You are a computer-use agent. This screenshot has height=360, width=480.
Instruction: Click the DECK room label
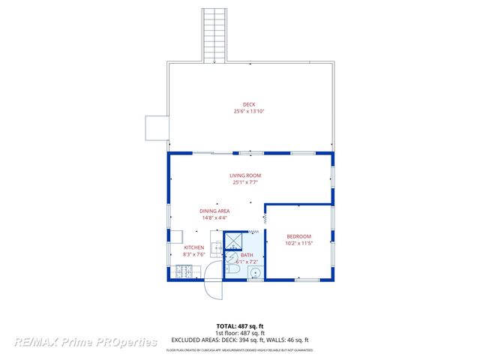point(249,104)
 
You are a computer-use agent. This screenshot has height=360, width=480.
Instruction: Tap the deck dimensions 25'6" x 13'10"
point(249,111)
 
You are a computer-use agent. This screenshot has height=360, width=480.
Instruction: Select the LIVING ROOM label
point(245,175)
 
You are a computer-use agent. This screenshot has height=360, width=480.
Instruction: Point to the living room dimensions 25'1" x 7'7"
point(245,182)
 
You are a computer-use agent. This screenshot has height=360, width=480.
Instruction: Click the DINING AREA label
point(214,211)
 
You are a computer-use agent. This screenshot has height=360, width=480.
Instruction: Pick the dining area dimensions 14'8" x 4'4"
point(214,217)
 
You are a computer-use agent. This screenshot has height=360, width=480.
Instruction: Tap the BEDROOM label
point(298,236)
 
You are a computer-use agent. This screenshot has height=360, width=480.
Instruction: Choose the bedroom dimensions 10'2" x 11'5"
point(298,243)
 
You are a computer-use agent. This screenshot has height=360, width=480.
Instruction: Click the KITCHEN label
point(194,247)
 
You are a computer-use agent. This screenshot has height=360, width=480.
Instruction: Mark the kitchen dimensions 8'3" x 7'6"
point(194,254)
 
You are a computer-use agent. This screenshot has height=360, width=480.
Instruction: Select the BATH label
point(247,255)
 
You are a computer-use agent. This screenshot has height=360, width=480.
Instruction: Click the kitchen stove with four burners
point(182,272)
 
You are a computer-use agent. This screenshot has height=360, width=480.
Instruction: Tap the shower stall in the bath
point(234,241)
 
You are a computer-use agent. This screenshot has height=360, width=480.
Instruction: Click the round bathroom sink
point(255,272)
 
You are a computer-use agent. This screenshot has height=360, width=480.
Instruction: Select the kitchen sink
point(216,247)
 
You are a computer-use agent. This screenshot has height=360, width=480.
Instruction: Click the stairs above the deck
point(214,34)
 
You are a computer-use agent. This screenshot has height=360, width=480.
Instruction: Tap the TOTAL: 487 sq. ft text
point(240,325)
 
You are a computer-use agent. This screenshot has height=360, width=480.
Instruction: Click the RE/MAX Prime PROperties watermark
point(86,342)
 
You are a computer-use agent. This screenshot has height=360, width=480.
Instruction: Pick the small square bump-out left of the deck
point(156,127)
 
